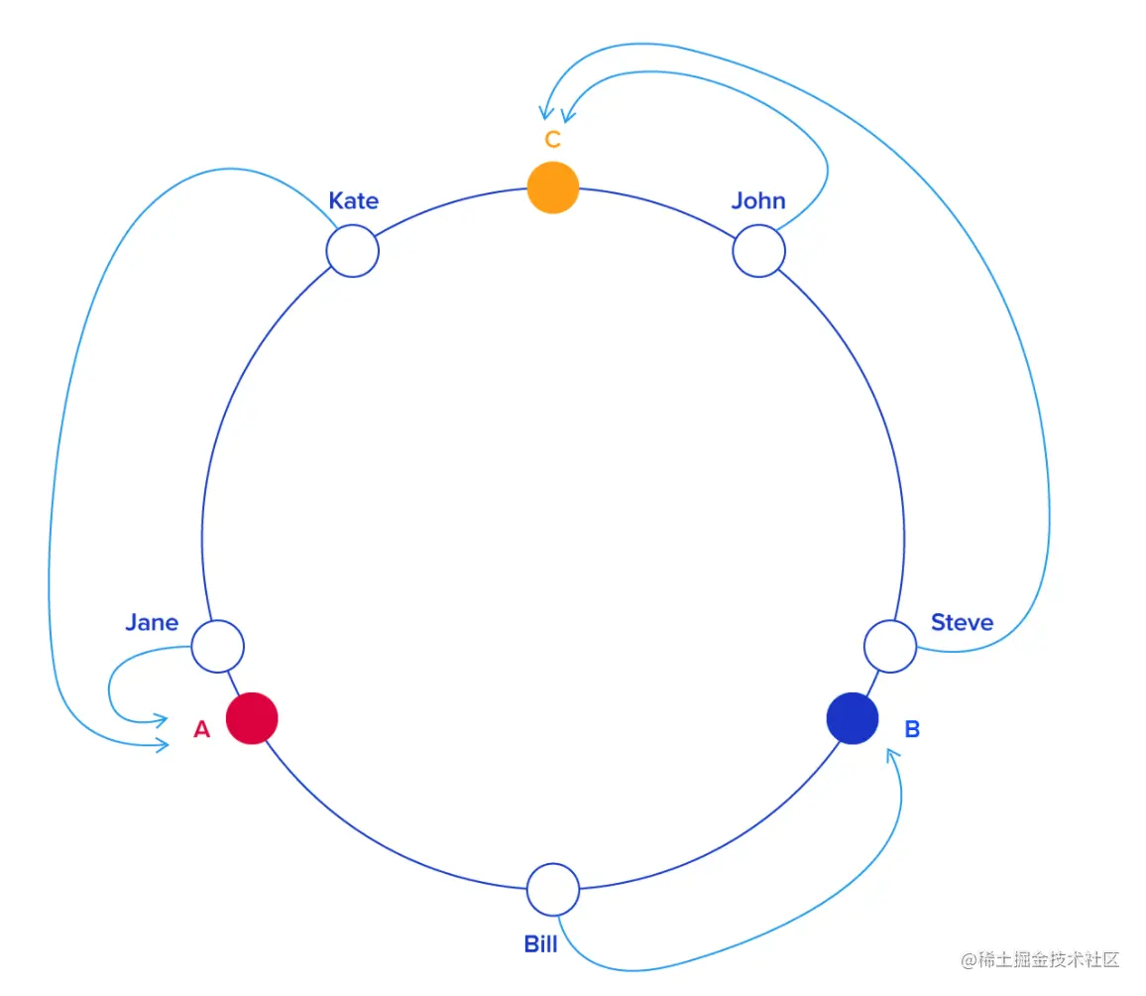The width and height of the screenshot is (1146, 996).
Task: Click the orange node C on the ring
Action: pyautogui.click(x=553, y=187)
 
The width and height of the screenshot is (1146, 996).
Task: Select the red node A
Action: pyautogui.click(x=252, y=717)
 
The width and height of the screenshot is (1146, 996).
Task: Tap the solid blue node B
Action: pyautogui.click(x=853, y=717)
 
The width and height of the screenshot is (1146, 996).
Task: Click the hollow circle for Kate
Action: pyautogui.click(x=353, y=251)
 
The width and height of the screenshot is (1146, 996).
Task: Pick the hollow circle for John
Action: pyautogui.click(x=759, y=251)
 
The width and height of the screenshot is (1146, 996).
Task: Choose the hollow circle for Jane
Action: pyautogui.click(x=217, y=647)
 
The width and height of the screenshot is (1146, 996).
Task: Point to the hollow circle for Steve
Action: pyautogui.click(x=890, y=647)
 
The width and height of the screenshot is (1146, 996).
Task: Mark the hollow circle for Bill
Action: pyautogui.click(x=553, y=890)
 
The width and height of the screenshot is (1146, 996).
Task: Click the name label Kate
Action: pyautogui.click(x=354, y=200)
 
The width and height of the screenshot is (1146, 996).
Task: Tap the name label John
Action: pyautogui.click(x=758, y=200)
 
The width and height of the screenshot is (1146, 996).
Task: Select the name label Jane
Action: pyautogui.click(x=152, y=623)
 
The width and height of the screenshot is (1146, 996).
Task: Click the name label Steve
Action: pyautogui.click(x=962, y=623)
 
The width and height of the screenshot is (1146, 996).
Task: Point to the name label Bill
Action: pyautogui.click(x=541, y=943)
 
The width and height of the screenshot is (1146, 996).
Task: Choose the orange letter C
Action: pyautogui.click(x=553, y=140)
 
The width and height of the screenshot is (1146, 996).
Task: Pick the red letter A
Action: pyautogui.click(x=202, y=730)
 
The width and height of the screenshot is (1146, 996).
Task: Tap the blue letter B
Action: pyautogui.click(x=912, y=730)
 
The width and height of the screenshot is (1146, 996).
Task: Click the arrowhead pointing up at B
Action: pyautogui.click(x=894, y=756)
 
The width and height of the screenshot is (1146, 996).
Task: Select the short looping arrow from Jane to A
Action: pyautogui.click(x=112, y=685)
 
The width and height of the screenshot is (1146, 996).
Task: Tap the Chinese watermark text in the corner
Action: pyautogui.click(x=1040, y=960)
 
